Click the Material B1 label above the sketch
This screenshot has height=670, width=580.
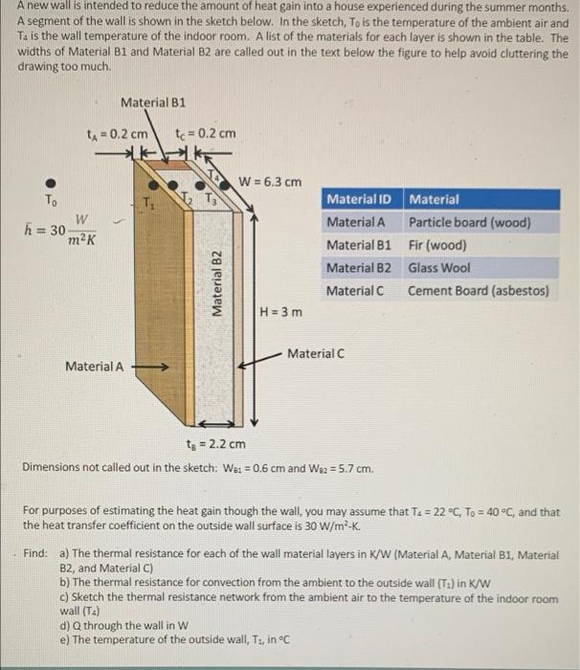point(153,101)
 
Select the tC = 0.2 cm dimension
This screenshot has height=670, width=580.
point(206,133)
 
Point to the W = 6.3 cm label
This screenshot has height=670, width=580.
point(270,181)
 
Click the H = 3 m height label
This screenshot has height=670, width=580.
point(281,312)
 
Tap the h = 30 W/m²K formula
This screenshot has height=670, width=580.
point(59,230)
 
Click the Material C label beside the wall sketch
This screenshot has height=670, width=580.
point(316,354)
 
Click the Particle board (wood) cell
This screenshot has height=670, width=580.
point(469,222)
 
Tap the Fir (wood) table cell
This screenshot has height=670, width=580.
point(437,244)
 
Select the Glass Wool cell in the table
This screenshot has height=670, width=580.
point(439,267)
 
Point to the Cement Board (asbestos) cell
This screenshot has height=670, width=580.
point(479,290)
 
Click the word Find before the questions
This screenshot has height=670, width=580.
point(36,553)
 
